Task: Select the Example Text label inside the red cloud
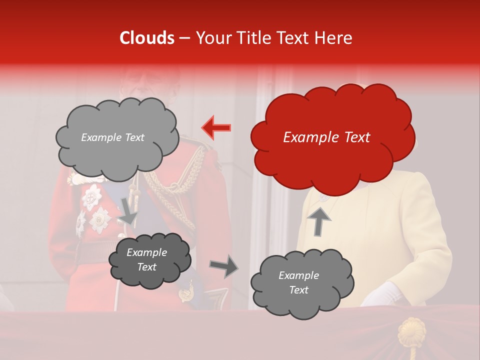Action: tap(326, 137)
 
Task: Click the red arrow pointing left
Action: tap(216, 127)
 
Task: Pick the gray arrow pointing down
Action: tap(128, 210)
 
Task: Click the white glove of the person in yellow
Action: tap(382, 294)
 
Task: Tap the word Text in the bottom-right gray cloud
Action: tap(298, 290)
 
